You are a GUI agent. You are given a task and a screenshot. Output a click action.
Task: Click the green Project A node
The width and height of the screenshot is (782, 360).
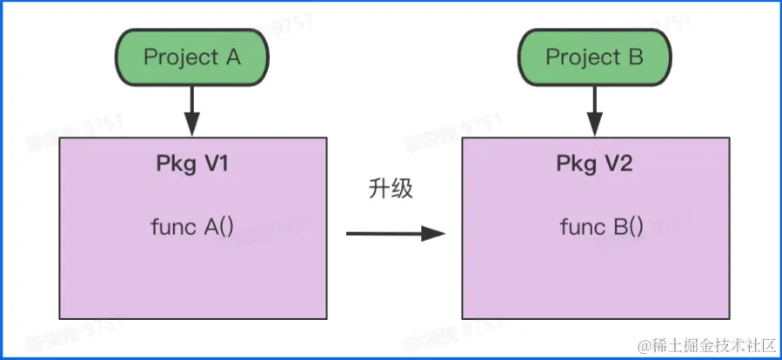coord(192,58)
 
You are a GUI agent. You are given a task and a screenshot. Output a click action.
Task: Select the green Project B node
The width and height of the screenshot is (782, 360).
coord(594,58)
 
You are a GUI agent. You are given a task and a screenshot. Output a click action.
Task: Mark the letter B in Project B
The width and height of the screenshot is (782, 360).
coord(634,58)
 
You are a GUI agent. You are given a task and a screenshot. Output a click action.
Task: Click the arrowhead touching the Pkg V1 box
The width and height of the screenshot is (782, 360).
coord(192,128)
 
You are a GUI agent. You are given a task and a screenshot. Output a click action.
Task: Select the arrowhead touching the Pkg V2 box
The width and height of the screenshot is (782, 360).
coord(594,128)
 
